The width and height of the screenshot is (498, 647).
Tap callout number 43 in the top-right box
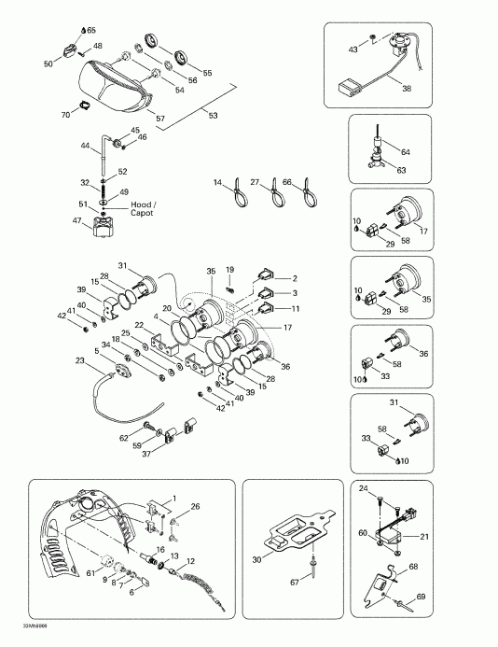(353, 49)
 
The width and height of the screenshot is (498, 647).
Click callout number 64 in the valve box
(405, 151)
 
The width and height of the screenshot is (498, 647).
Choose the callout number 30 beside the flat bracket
(256, 559)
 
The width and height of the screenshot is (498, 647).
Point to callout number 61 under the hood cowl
(90, 573)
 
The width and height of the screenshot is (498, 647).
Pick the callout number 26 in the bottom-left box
(196, 506)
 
